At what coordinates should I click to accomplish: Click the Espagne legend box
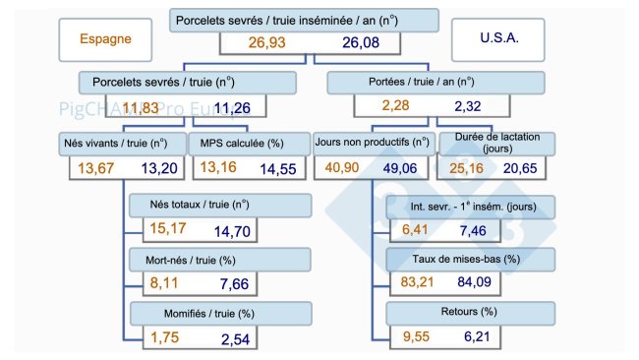tap(103, 41)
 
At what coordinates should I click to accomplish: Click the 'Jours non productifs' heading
tap(372, 144)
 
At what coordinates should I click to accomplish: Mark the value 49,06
tap(406, 168)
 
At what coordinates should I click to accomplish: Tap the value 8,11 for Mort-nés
tap(166, 282)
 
